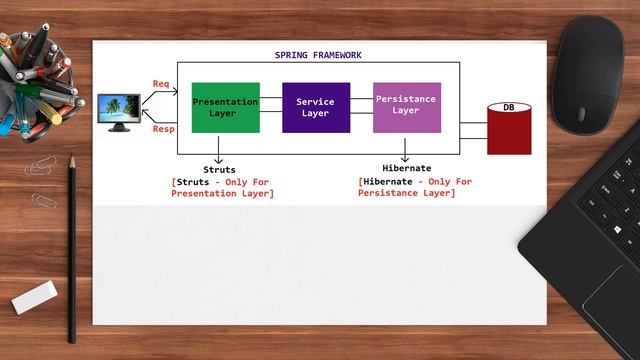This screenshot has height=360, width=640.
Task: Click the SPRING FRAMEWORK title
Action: pyautogui.click(x=318, y=55)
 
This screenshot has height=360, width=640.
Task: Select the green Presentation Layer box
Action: pyautogui.click(x=225, y=107)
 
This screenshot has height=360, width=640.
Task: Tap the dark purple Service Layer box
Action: pyautogui.click(x=316, y=107)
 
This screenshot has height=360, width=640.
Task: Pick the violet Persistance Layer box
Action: pyautogui.click(x=406, y=107)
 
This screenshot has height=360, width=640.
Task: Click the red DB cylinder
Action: pyautogui.click(x=509, y=128)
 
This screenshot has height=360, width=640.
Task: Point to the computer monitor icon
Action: pyautogui.click(x=119, y=111)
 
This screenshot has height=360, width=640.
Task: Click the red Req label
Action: pyautogui.click(x=161, y=83)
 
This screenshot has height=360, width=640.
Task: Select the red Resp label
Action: pyautogui.click(x=162, y=129)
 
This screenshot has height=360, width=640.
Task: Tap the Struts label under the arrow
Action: pyautogui.click(x=219, y=170)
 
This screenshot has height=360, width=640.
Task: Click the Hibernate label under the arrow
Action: pyautogui.click(x=407, y=169)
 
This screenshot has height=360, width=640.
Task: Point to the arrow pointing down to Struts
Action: pyautogui.click(x=219, y=148)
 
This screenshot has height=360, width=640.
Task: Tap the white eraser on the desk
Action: pyautogui.click(x=35, y=295)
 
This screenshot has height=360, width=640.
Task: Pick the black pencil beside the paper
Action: pyautogui.click(x=71, y=250)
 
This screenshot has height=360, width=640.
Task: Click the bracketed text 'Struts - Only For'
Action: pyautogui.click(x=222, y=182)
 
